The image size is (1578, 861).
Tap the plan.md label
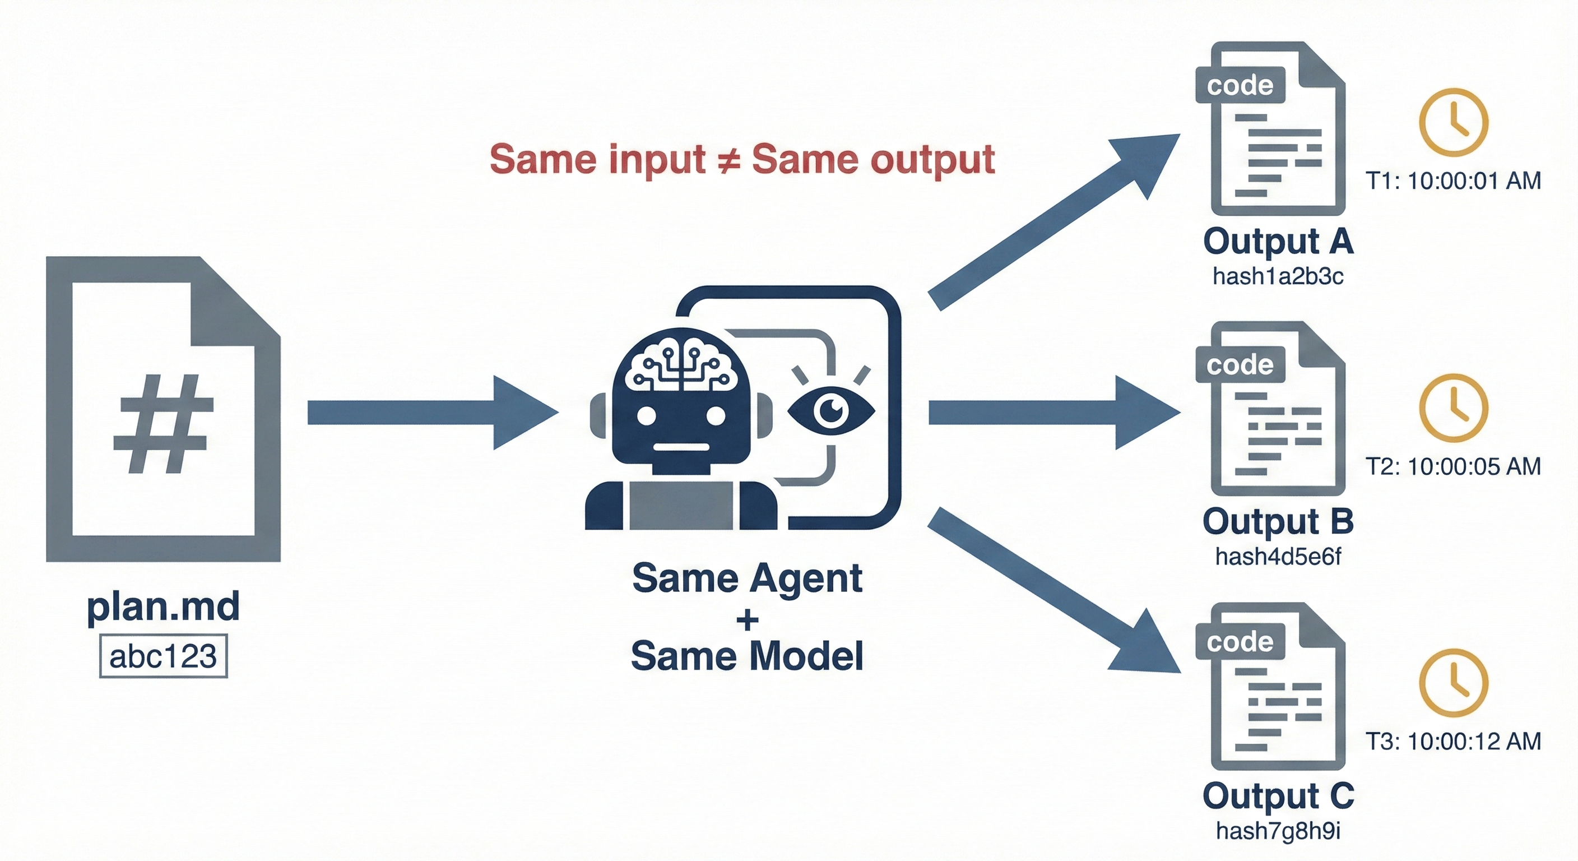pos(163,607)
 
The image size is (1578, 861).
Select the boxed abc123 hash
pos(163,656)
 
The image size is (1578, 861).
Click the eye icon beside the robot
pos(830,410)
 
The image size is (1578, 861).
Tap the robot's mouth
pos(681,447)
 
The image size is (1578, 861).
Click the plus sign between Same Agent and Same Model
pos(747,620)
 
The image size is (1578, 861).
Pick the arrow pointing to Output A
pos(1053,221)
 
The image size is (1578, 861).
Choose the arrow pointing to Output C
pos(1053,591)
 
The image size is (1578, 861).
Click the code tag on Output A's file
pos(1240,85)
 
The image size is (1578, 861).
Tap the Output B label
pos(1278,521)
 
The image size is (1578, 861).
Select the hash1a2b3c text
pos(1278,277)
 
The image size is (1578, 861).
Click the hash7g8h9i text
pos(1278,831)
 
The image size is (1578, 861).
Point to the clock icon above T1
pos(1453,122)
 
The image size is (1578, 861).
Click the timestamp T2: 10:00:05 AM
pos(1453,467)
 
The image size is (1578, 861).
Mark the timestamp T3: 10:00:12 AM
pos(1453,742)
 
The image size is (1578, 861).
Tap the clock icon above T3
pos(1453,683)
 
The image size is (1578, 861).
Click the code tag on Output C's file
pos(1240,642)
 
